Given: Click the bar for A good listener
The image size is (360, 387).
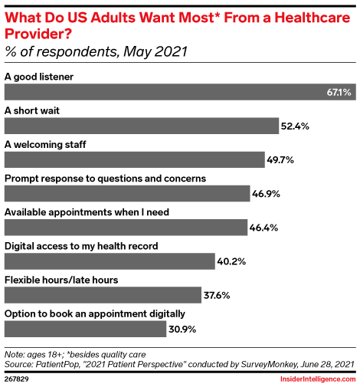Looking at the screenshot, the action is pos(180,92).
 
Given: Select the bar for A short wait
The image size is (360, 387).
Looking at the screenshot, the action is pos(142,126).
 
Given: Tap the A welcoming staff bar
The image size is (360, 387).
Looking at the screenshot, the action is pos(135,159).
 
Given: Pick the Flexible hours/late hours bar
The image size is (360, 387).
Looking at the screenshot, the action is pos(103,295).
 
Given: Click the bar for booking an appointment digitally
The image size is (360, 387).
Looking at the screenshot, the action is pos(85,329).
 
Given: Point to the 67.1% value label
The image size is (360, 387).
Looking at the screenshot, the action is pos(339,92).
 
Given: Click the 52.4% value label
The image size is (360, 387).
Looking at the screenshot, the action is pos(295,126).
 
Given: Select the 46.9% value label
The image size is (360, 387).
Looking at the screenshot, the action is pos(266,194).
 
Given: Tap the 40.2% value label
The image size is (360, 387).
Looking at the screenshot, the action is pos(231,261).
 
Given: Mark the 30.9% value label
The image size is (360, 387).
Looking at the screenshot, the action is pos(182,330).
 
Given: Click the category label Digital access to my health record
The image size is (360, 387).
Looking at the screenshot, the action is pos(81,246).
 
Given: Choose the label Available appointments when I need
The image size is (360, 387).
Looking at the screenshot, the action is pos(87,212).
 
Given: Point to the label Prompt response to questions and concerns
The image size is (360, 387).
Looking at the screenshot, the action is pos(105,179).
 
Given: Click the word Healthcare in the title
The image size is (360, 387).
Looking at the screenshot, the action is pos(312,18).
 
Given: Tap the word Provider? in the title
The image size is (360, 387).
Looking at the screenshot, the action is pos(38,34).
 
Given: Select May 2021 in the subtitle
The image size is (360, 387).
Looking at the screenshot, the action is pos(155,51).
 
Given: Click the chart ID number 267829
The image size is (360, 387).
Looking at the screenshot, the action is pos(17,379).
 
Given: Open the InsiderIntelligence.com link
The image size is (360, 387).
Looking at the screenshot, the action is pos(318,379).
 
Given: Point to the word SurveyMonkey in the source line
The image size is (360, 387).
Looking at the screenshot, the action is pos(269,364).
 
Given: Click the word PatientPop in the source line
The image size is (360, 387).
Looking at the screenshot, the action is pos(57,364).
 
